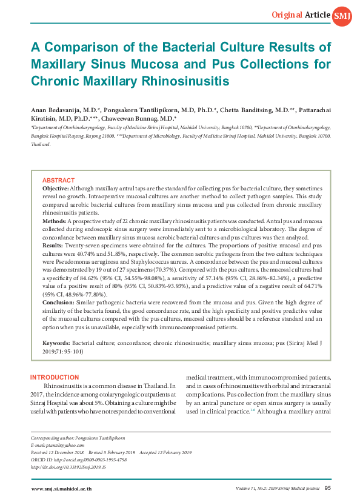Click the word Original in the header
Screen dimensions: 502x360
pyautogui.click(x=287, y=14)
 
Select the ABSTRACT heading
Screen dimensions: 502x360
pyautogui.click(x=58, y=180)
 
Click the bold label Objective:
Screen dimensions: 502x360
pyautogui.click(x=55, y=189)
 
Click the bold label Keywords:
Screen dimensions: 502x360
pyautogui.click(x=56, y=343)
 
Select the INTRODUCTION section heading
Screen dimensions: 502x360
pyautogui.click(x=55, y=378)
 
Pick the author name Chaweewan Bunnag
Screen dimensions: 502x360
pyautogui.click(x=138, y=118)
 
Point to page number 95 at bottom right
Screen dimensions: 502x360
pyautogui.click(x=327, y=488)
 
